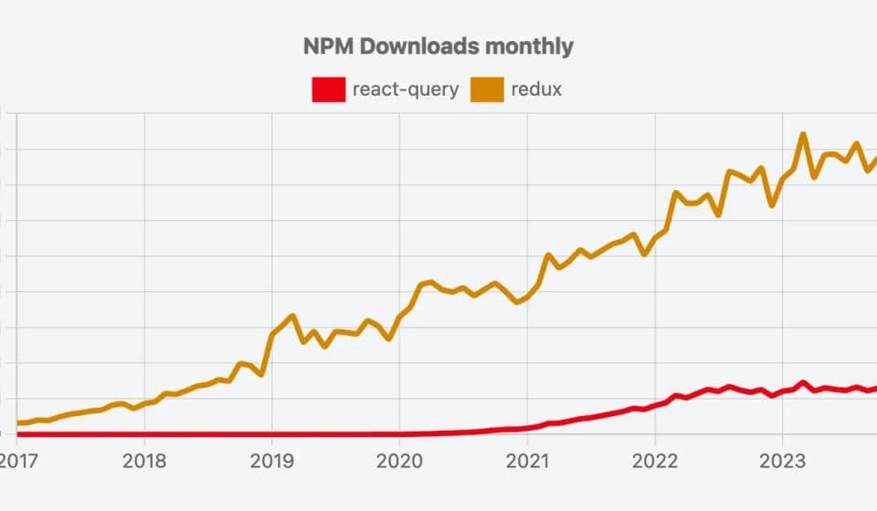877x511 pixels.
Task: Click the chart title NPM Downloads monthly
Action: click(438, 47)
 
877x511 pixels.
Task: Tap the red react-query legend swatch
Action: click(329, 89)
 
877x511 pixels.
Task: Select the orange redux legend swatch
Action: click(488, 89)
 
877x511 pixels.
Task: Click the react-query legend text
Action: click(405, 89)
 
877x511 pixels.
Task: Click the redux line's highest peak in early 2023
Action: click(803, 135)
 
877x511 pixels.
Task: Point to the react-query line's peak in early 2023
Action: click(803, 382)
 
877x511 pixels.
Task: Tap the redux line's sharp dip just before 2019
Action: click(261, 374)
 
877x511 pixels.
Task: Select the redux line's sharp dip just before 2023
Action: click(772, 205)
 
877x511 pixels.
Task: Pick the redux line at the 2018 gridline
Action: click(144, 402)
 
